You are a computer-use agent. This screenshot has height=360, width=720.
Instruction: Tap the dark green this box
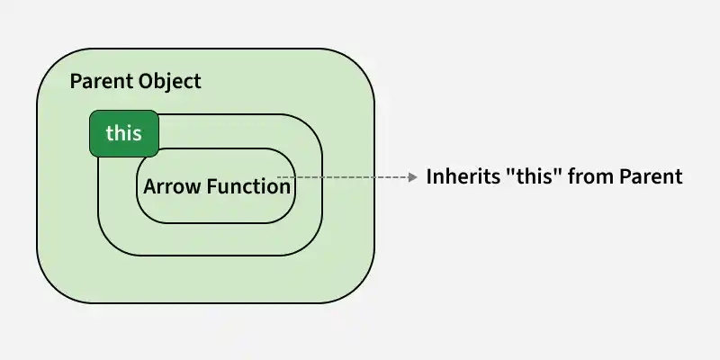(x=124, y=133)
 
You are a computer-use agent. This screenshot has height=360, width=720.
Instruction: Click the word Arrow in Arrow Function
(x=172, y=187)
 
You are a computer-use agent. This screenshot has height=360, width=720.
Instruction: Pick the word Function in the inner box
(x=248, y=186)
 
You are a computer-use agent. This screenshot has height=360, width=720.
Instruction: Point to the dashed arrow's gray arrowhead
(x=413, y=176)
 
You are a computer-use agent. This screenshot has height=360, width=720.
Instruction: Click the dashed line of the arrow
(x=343, y=176)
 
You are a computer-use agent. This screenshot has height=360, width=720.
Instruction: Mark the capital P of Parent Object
(x=76, y=82)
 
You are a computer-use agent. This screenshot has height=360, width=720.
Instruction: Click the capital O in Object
(x=146, y=82)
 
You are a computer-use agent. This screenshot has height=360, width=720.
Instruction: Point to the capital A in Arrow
(x=150, y=187)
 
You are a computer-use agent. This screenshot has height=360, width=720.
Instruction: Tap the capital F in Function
(x=211, y=187)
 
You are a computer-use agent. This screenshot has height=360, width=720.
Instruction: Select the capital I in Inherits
(x=429, y=176)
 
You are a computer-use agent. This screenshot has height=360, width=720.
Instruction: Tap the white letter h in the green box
(x=120, y=132)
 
